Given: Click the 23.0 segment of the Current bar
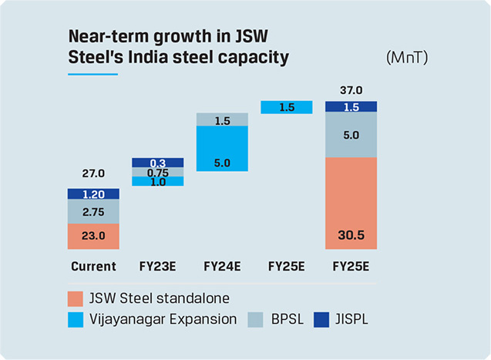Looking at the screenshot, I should point(93,237).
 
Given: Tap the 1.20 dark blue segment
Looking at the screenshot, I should point(93,194).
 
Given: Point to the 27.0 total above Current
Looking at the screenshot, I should point(93,174).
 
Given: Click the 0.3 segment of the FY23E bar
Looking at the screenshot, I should point(157,163).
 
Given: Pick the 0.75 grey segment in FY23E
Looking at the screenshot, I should point(157,172).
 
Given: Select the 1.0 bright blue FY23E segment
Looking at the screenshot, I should point(157,181).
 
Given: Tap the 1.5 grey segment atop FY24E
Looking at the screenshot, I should point(222,120).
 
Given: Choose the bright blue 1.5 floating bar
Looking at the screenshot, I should point(287,107).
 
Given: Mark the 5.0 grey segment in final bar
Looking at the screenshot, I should point(351,134).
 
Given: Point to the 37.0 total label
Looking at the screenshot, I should point(351,89).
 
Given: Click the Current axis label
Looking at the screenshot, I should point(93,267).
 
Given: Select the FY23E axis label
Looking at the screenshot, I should point(157,267).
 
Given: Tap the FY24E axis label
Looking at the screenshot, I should point(222,267).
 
